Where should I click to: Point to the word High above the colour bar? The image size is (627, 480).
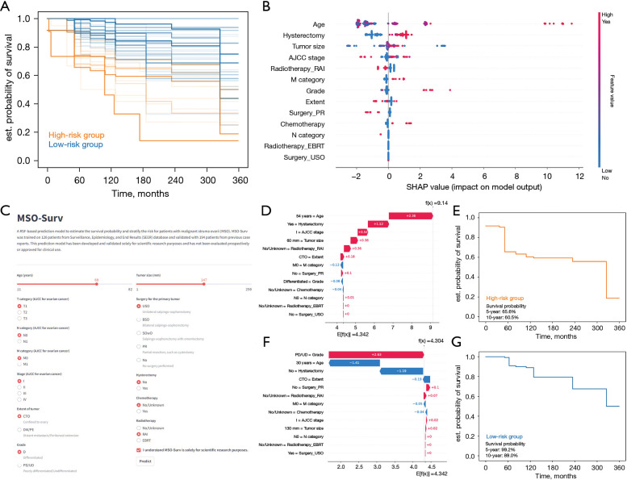point(604,14)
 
